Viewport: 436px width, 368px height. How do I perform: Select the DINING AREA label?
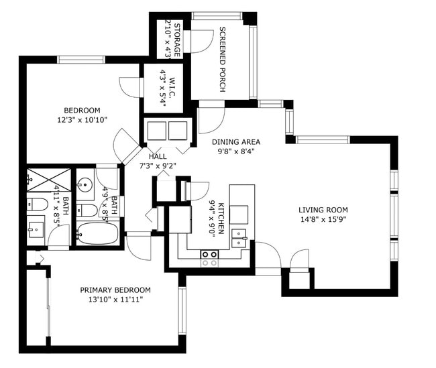(x=235, y=141)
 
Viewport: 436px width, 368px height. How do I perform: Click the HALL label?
(x=158, y=156)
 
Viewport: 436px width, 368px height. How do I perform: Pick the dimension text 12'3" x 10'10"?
(x=82, y=120)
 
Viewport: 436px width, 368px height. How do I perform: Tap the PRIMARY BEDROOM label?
(x=115, y=290)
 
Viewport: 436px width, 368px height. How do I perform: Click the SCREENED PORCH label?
(x=222, y=60)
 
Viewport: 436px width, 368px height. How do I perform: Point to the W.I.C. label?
(x=172, y=88)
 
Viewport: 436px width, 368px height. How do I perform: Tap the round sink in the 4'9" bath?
(x=85, y=184)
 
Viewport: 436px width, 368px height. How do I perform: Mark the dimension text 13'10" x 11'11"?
(x=115, y=300)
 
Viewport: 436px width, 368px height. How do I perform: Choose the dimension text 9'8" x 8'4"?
(x=235, y=151)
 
